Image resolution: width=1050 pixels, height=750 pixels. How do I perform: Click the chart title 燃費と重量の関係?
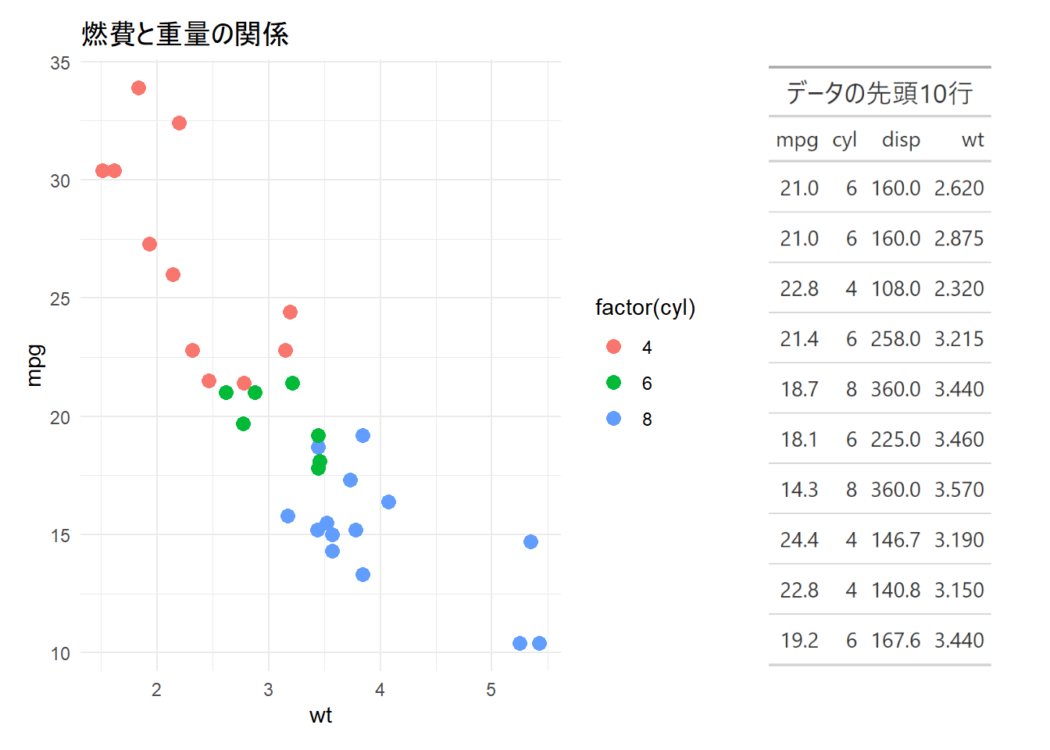[x=185, y=34]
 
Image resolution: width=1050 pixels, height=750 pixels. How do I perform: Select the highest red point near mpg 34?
[x=138, y=87]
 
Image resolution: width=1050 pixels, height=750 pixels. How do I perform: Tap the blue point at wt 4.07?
[x=388, y=502]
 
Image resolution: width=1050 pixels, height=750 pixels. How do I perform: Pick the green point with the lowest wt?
[x=226, y=392]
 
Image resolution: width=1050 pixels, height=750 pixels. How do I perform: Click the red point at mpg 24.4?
[x=290, y=312]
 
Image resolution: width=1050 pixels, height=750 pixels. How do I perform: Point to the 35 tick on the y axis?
[x=60, y=63]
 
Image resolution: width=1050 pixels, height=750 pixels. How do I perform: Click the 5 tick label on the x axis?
[x=491, y=690]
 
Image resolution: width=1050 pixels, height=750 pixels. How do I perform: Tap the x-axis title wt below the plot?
[x=320, y=716]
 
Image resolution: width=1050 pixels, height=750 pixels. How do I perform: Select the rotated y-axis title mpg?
[x=34, y=366]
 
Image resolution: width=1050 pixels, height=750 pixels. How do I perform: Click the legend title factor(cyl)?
[x=645, y=308]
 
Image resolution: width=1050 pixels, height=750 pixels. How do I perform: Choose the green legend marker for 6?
[x=613, y=383]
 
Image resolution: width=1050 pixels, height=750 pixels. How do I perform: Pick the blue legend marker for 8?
[x=613, y=419]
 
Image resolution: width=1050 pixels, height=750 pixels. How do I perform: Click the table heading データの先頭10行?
[x=879, y=93]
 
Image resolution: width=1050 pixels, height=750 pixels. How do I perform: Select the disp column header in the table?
[x=901, y=140]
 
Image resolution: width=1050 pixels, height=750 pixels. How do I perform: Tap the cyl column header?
[x=845, y=140]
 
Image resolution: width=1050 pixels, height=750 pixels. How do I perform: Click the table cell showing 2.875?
[x=959, y=238]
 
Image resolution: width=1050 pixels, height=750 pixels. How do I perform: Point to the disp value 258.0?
[x=895, y=339]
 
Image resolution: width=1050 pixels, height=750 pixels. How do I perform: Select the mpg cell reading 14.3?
[x=798, y=490]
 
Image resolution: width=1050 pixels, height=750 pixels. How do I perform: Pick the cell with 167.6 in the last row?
[x=895, y=641]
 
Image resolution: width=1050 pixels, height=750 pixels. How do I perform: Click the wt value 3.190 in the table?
[x=959, y=540]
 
